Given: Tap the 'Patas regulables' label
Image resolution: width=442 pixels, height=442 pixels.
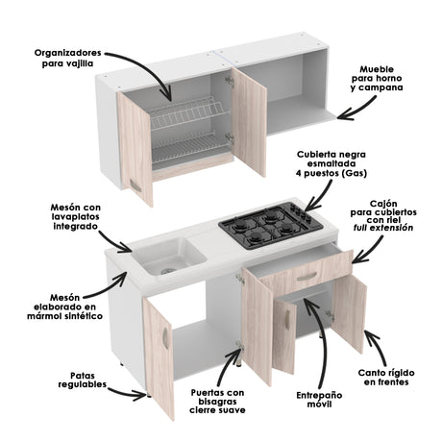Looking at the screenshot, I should pyautogui.click(x=68, y=382).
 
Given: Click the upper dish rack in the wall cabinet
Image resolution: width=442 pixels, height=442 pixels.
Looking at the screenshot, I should pyautogui.click(x=192, y=113).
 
